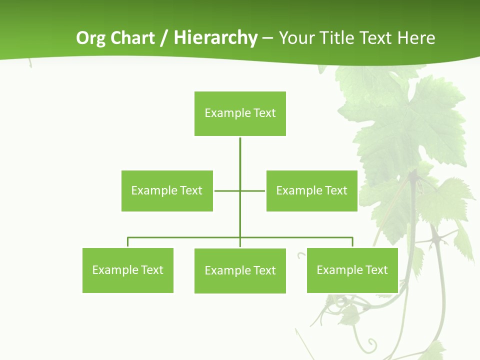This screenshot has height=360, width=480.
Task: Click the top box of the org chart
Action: tap(240, 113)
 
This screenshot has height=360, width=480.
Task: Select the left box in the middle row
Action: tap(167, 190)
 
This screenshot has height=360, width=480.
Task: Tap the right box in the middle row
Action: tap(311, 190)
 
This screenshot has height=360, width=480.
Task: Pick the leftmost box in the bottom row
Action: tap(127, 270)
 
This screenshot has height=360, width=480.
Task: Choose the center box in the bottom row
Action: tap(240, 270)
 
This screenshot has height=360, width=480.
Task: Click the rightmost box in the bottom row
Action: tap(352, 270)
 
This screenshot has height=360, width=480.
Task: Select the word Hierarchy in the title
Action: tap(215, 38)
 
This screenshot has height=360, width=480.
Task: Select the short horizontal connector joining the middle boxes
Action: tap(227, 190)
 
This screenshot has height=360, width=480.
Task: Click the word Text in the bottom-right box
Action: tap(376, 270)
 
